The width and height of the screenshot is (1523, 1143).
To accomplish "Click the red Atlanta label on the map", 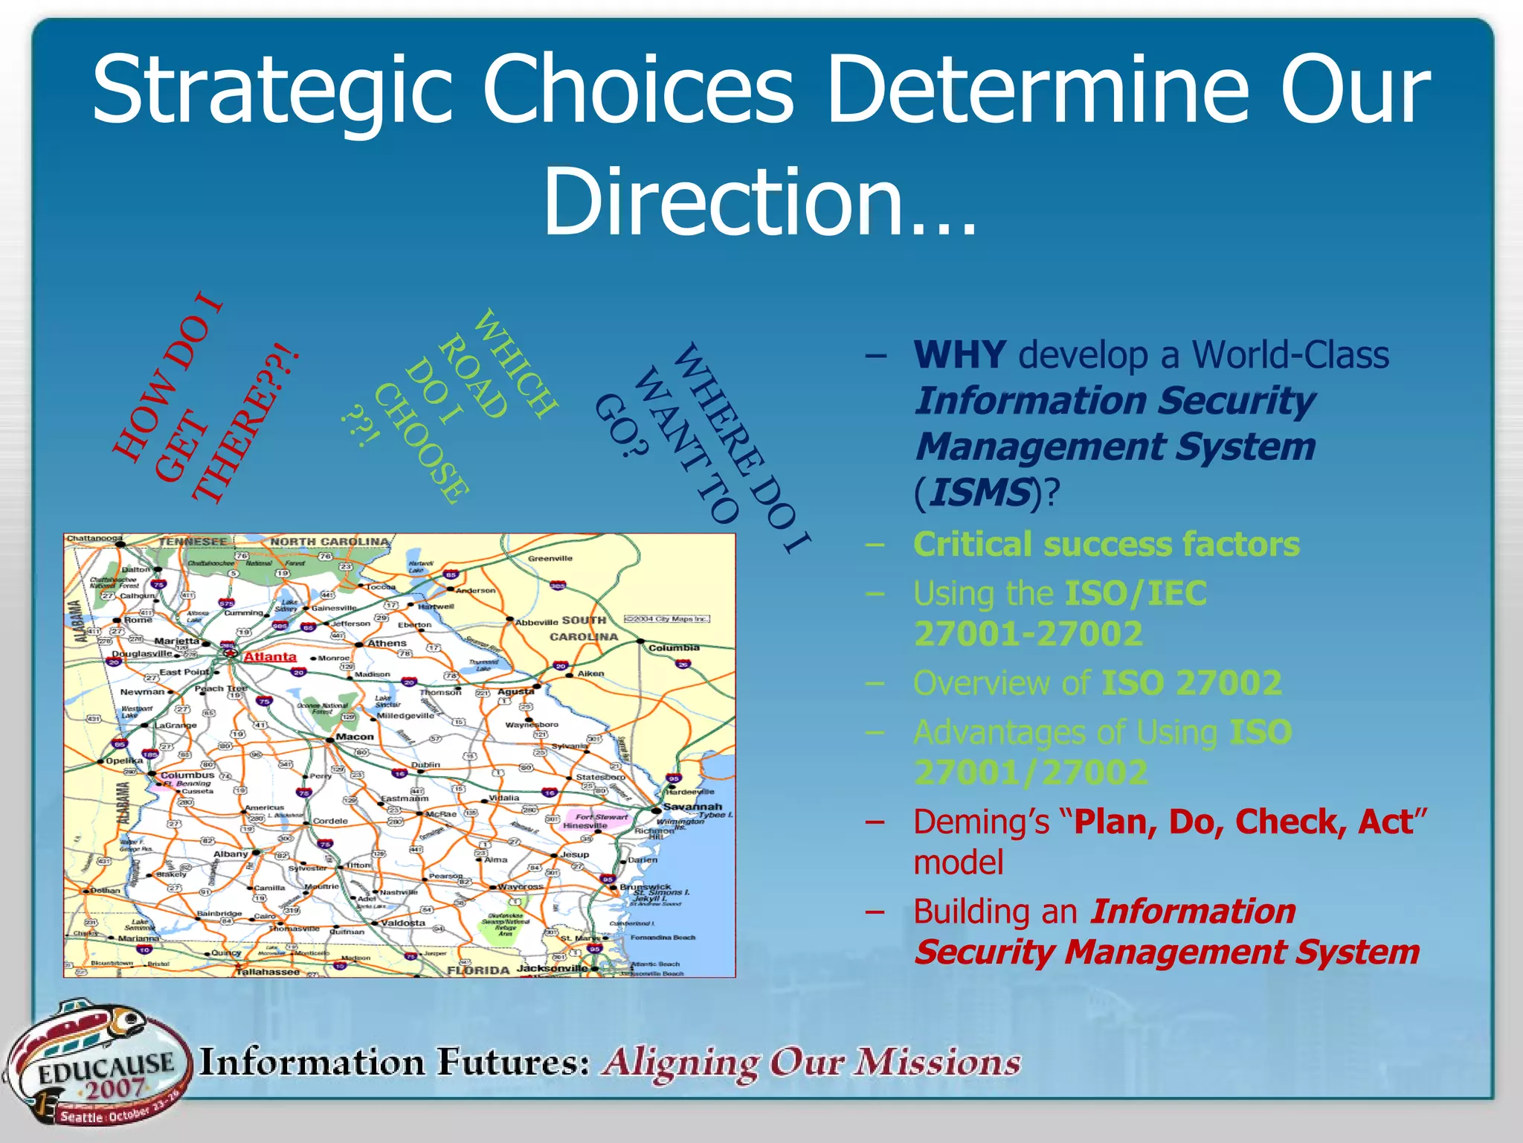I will (x=270, y=656).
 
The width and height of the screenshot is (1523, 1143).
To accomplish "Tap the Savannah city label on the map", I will (x=692, y=807).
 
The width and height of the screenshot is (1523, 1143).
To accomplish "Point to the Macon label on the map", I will (x=355, y=737).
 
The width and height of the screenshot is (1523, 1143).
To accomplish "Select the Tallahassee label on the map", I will (x=268, y=972).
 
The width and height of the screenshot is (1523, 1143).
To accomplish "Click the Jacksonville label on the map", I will (x=552, y=968).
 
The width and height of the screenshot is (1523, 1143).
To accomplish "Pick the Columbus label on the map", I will (x=187, y=775).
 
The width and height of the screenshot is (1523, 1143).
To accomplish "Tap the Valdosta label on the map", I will (x=403, y=923).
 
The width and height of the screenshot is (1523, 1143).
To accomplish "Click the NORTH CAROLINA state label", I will (x=329, y=542).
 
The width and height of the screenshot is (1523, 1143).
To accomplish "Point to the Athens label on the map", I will (x=387, y=643).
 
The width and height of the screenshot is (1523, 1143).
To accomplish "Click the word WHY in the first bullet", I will (x=960, y=355).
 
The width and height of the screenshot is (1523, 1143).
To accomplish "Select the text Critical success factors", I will (x=1106, y=544).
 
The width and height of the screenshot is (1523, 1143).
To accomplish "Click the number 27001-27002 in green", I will (x=1028, y=634).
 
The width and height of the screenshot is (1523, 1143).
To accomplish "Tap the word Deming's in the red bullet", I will (x=981, y=822).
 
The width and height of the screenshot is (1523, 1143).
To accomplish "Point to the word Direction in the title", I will (x=723, y=201).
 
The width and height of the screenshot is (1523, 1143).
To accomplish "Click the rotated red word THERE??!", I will (x=245, y=424).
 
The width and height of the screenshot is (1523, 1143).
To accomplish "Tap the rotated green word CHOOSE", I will (x=421, y=444).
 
